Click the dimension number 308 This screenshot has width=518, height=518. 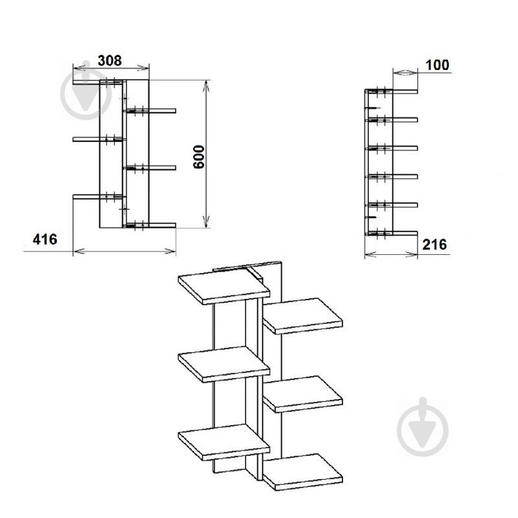click(110, 60)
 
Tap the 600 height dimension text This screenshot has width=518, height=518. click(199, 157)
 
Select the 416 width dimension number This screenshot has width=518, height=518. click(45, 239)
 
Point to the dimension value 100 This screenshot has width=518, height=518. click(437, 65)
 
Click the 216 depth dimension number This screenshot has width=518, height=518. click(434, 244)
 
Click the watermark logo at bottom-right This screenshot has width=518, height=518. click(423, 427)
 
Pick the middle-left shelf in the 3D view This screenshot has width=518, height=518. click(224, 364)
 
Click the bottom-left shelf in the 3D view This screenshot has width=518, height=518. click(224, 442)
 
